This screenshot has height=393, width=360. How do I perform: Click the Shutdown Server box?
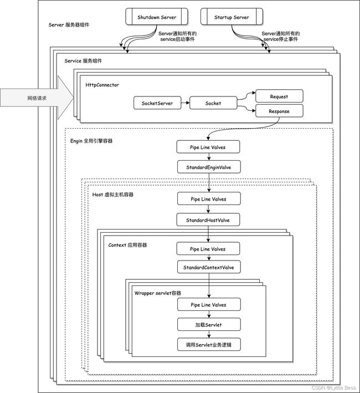pyautogui.click(x=157, y=17)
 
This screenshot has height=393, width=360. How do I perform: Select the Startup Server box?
pyautogui.click(x=232, y=17)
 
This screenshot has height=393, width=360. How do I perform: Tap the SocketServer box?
pyautogui.click(x=157, y=103)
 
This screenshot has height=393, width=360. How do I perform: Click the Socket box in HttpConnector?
pyautogui.click(x=213, y=103)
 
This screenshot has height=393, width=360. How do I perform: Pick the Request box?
pyautogui.click(x=279, y=96)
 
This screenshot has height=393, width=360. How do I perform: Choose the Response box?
pyautogui.click(x=279, y=111)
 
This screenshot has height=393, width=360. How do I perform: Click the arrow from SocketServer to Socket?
pyautogui.click(x=185, y=103)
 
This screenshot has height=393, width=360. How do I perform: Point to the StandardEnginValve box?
pyautogui.click(x=209, y=167)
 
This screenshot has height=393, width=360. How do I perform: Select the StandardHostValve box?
pyautogui.click(x=208, y=220)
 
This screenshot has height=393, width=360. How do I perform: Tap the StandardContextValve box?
pyautogui.click(x=209, y=267)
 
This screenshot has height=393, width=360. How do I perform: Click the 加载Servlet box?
pyautogui.click(x=209, y=325)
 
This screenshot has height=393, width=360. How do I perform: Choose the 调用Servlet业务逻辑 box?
pyautogui.click(x=209, y=344)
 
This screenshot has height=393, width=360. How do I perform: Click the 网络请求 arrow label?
pyautogui.click(x=37, y=98)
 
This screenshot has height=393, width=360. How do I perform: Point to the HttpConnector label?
pyautogui.click(x=102, y=85)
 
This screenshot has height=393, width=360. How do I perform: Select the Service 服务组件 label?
pyautogui.click(x=83, y=60)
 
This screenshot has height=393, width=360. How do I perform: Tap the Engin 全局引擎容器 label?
pyautogui.click(x=91, y=141)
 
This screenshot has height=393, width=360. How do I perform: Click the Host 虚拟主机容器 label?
pyautogui.click(x=112, y=195)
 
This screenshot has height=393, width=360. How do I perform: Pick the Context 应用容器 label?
pyautogui.click(x=127, y=245)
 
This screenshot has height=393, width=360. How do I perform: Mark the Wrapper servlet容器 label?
pyautogui.click(x=158, y=293)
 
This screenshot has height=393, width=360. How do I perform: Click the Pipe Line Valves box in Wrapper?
pyautogui.click(x=209, y=304)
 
